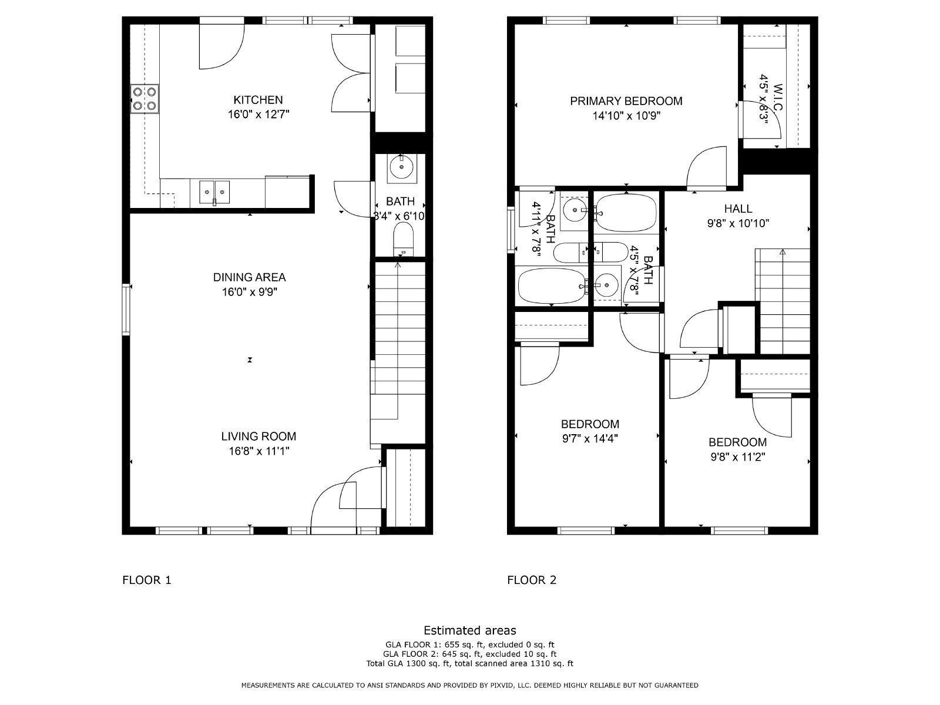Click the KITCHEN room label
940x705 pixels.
[258, 100]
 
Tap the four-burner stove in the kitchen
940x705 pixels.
[145, 99]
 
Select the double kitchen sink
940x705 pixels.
[214, 190]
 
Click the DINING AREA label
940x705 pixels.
[249, 277]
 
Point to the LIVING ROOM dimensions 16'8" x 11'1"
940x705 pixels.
[258, 451]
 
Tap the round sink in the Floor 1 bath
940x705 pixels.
[402, 167]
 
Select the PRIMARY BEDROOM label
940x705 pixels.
[626, 101]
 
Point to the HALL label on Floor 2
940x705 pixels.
[738, 209]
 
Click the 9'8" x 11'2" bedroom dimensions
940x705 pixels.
[737, 457]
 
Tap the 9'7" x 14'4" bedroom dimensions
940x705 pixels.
[589, 438]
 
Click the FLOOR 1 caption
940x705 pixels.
[146, 580]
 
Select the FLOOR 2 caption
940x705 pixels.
[532, 580]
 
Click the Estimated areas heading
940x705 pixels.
[470, 630]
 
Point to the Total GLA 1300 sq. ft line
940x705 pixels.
[470, 664]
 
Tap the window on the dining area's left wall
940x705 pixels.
[126, 310]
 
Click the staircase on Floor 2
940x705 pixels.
[783, 300]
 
